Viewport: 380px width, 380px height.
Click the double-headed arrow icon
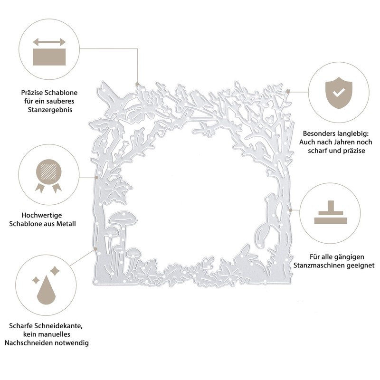pos(49,42)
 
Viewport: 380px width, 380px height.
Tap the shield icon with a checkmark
pos(339,93)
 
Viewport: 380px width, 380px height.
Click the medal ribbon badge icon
pos(48,176)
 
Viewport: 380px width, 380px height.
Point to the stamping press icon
pos(331,212)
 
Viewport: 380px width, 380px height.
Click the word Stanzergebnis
pos(50,110)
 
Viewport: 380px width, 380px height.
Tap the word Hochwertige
pos(42,215)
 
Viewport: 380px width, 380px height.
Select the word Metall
pos(66,223)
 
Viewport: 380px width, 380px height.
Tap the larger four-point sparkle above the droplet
pos(55,270)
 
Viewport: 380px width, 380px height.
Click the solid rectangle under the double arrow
pos(49,57)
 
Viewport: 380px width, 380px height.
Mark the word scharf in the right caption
pos(317,151)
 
